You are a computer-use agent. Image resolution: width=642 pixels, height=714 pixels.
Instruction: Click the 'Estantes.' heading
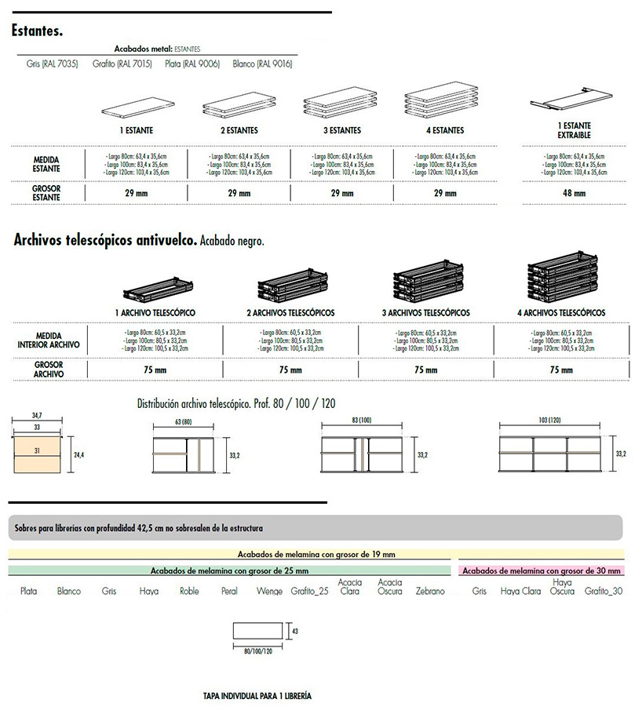point(37,31)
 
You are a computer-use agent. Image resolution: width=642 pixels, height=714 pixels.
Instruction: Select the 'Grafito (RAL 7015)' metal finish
point(117,64)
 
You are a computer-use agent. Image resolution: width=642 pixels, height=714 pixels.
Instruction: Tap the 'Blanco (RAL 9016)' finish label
point(262,64)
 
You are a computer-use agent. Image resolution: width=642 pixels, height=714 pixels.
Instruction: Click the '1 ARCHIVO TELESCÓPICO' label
point(155,313)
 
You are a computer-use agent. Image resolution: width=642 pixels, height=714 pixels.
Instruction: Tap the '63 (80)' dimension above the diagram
point(182,421)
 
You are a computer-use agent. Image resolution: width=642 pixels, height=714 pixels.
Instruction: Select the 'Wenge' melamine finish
point(269,591)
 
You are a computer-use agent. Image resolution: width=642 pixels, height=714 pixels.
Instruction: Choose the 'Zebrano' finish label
point(430,591)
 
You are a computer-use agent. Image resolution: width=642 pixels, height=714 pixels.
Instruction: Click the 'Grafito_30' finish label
point(604,591)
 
